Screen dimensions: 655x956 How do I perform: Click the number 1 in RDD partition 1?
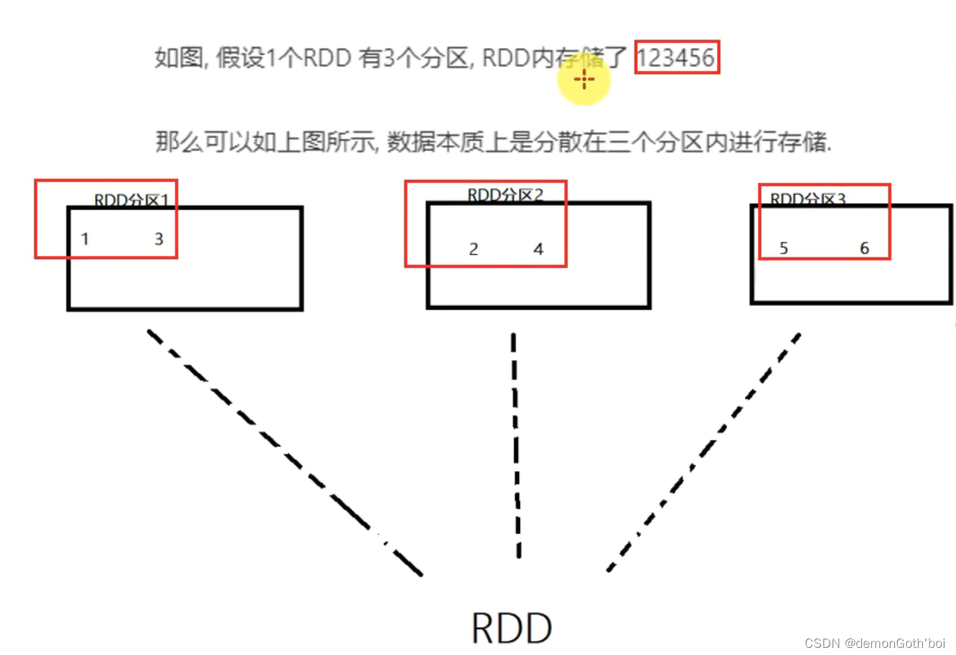point(85,239)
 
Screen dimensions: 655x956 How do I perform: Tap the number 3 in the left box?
point(159,239)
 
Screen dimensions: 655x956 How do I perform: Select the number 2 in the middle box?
point(473,249)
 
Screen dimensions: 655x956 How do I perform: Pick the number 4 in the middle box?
point(539,249)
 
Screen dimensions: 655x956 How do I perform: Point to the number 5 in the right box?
point(784,248)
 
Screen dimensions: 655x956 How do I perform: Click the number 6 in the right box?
point(864,248)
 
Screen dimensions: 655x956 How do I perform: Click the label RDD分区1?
point(131,200)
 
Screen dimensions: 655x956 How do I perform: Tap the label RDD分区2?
point(505,194)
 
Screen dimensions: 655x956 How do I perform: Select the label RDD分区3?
point(808,199)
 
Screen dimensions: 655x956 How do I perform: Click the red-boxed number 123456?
point(676,57)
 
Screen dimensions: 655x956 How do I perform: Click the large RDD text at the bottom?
point(512,628)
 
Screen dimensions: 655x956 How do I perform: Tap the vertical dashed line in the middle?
point(516,445)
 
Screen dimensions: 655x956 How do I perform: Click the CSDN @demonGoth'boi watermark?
point(875,643)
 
